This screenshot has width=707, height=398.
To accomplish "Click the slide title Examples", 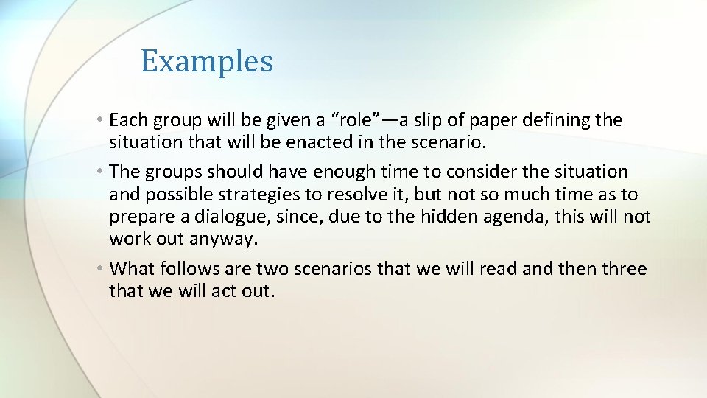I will pyautogui.click(x=207, y=61).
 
